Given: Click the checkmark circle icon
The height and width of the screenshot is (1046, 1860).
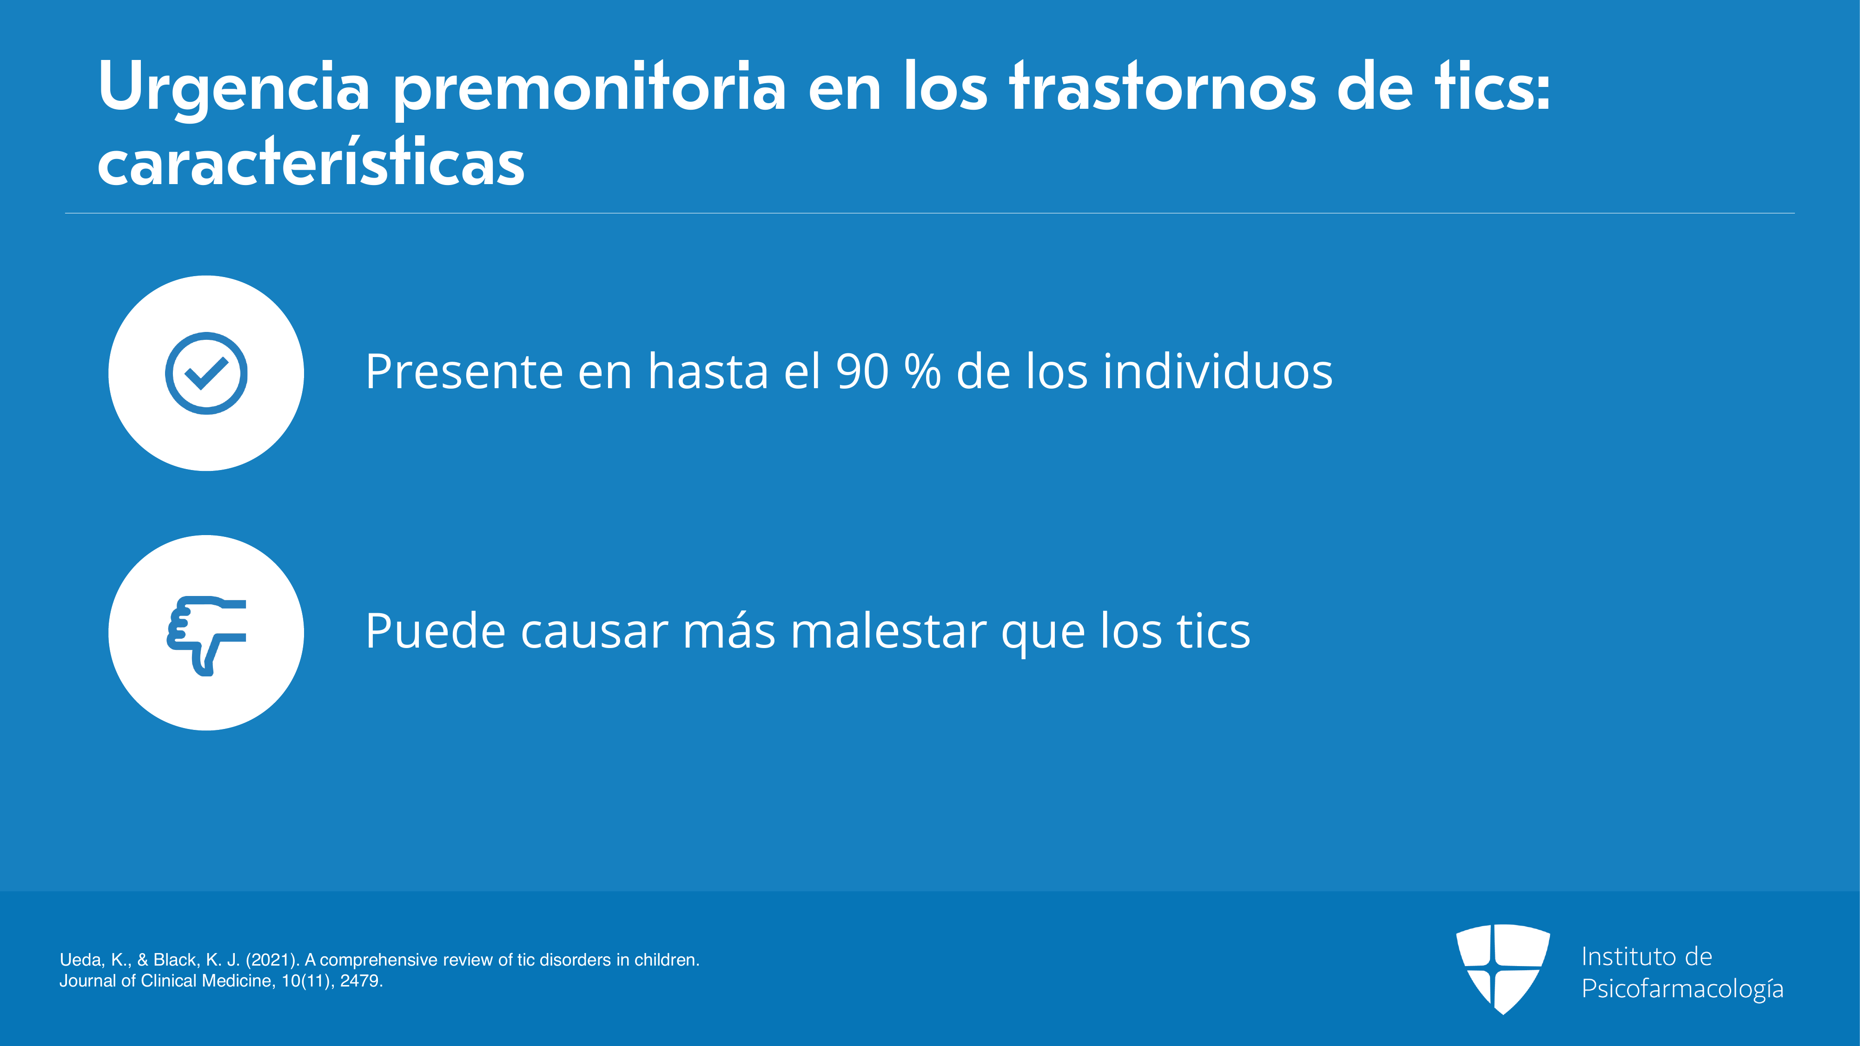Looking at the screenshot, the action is pos(206,373).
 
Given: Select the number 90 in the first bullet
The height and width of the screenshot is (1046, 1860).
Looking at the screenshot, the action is pos(862,372).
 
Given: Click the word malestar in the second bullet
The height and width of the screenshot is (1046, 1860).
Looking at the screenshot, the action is pos(888,631).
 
